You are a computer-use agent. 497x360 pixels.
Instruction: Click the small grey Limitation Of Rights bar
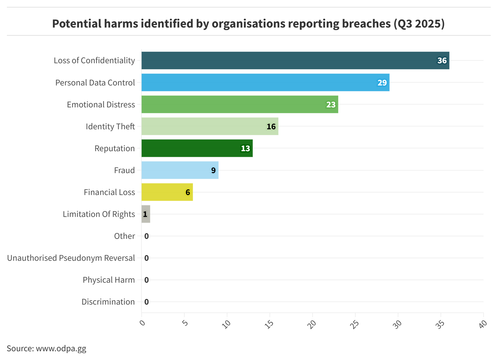coord(146,214)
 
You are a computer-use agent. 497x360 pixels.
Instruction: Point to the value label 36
coord(442,60)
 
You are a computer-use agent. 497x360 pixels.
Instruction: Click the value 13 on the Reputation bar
coord(245,148)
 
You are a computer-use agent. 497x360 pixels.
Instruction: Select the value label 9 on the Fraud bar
coord(213,170)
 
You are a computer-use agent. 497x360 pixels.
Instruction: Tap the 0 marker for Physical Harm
coord(146,280)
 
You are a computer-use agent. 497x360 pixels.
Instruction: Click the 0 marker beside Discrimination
coord(146,302)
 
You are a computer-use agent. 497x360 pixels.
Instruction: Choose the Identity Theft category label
coord(110,126)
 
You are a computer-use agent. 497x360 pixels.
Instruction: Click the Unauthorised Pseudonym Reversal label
coord(71,258)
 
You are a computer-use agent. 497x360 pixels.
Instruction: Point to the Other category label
coord(124,236)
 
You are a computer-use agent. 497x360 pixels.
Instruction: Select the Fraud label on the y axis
coord(124,170)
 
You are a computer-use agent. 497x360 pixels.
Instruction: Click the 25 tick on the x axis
coord(354,324)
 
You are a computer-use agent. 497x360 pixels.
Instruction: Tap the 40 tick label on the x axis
coord(483,324)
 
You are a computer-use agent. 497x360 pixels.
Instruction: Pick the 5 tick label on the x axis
coord(185,322)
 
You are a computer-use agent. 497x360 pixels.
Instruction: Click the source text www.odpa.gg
coord(61,348)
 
